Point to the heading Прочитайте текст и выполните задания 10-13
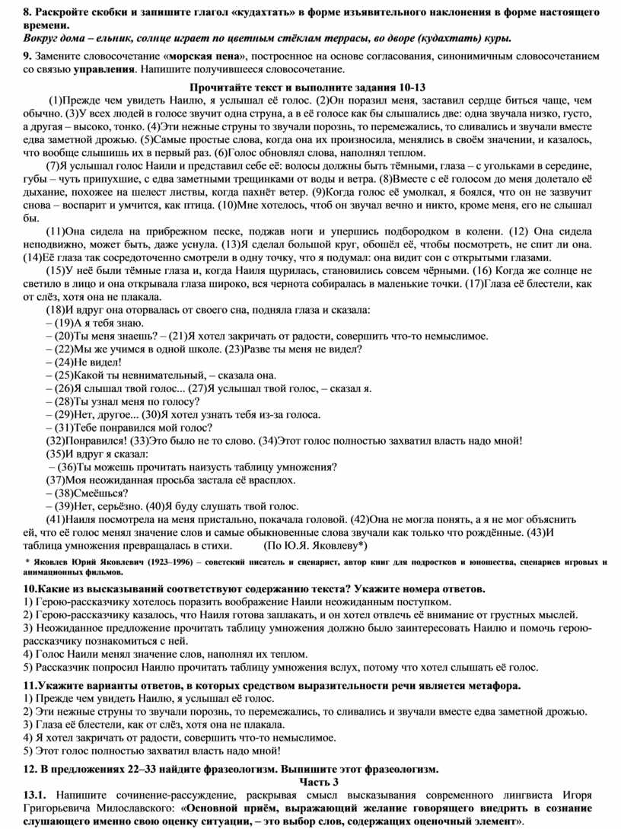[x=310, y=87]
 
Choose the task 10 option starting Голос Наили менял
[x=160, y=653]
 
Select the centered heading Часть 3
[x=310, y=782]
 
